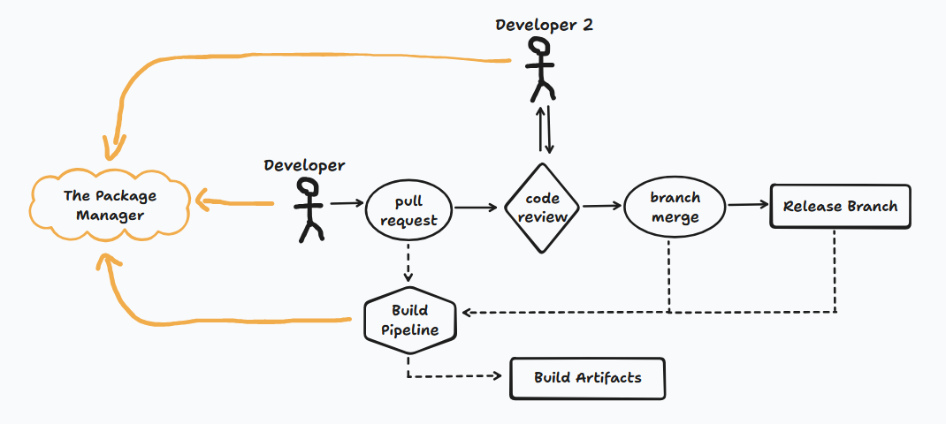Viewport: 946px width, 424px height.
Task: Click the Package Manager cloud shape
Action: [110, 206]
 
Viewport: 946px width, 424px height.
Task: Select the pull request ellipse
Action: [408, 211]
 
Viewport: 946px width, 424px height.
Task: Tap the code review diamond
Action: [542, 208]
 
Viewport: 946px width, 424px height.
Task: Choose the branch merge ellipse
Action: [675, 208]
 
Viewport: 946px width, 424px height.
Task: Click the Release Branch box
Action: [839, 207]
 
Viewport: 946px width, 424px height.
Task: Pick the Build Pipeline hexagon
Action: [409, 320]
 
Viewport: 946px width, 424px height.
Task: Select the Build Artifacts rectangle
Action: [587, 378]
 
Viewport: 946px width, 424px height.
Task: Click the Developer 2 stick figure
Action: [540, 71]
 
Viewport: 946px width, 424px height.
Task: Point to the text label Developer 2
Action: [544, 25]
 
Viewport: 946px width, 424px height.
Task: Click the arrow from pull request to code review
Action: [475, 208]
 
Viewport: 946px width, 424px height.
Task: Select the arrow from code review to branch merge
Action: [601, 206]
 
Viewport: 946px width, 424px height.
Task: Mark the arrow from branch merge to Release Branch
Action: [747, 205]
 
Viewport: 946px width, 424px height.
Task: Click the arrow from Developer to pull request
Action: [347, 204]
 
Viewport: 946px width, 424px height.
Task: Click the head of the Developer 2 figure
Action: [539, 50]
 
